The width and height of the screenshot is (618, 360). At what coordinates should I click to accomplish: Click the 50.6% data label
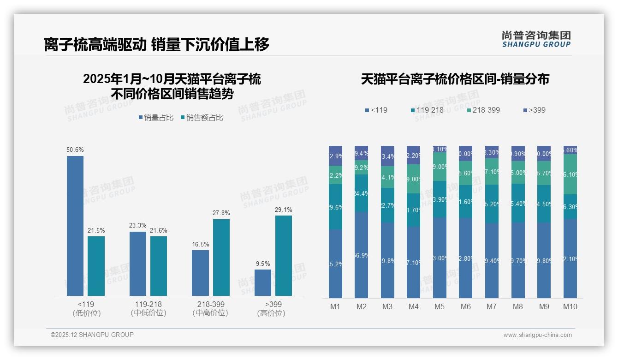[75, 150]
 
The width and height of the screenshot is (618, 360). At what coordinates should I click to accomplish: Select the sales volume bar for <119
[75, 226]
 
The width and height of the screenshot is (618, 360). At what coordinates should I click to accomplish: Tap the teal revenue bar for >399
[284, 256]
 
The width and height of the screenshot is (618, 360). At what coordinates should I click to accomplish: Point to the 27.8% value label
[221, 213]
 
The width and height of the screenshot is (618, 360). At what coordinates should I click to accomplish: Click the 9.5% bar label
[262, 264]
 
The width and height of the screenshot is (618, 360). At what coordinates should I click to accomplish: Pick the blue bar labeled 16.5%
[200, 273]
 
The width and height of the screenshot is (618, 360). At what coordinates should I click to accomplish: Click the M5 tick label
[440, 306]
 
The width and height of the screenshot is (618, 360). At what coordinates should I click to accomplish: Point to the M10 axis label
[570, 306]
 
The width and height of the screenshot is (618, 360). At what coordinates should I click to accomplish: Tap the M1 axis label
[335, 306]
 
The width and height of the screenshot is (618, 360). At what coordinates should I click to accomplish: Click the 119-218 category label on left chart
[148, 305]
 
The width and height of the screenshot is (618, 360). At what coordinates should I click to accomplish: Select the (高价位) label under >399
[271, 313]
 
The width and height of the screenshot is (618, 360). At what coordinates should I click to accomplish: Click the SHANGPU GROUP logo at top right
[536, 39]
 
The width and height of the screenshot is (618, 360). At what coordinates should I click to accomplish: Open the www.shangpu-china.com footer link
[537, 335]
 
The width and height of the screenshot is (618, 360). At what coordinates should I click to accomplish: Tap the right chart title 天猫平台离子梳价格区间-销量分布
[455, 79]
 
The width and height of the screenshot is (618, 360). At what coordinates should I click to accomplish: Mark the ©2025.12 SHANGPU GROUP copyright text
[92, 335]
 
